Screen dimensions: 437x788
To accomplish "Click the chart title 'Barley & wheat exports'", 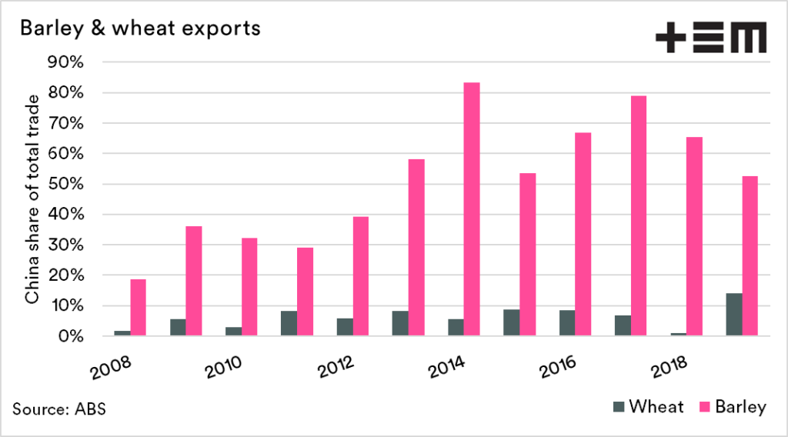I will (139, 28).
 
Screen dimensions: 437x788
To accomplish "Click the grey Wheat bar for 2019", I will (734, 315).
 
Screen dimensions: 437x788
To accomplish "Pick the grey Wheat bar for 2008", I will (122, 333).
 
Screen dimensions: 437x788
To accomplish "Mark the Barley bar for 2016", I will (583, 235).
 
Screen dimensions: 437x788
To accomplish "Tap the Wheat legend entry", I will (647, 407).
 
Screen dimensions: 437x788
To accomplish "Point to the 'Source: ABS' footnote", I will (59, 409).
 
